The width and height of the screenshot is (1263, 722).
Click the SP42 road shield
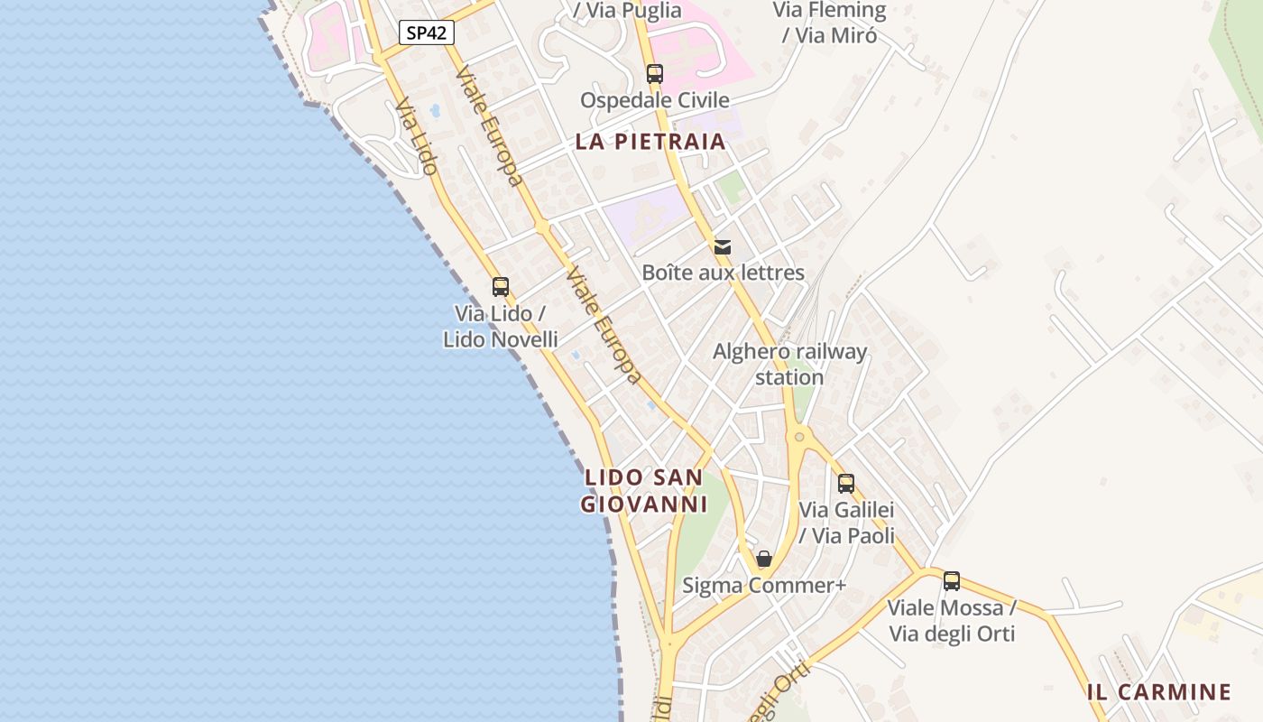[426, 33]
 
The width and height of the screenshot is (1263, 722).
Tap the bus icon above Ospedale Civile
[654, 74]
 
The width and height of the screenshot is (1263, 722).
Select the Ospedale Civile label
[654, 99]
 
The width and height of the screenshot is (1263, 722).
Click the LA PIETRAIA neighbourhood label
[650, 141]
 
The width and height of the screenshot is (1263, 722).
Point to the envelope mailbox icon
[723, 246]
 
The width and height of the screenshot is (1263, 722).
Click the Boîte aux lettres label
[723, 272]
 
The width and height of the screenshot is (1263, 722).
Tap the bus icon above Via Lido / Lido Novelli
[501, 287]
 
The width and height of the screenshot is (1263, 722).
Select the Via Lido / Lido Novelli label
[501, 327]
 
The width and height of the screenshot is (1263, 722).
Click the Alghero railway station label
[789, 364]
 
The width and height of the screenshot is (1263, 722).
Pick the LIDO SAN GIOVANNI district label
[643, 490]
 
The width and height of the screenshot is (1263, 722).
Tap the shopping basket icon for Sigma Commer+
[764, 559]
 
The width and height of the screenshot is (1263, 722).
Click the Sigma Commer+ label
[764, 585]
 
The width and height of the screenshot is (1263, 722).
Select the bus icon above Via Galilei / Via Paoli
[845, 483]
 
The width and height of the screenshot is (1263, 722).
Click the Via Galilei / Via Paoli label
[846, 523]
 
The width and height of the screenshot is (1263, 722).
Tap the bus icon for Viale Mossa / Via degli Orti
[952, 581]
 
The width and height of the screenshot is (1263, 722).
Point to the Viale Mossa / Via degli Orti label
[952, 621]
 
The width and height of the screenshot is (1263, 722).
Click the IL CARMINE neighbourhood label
[1159, 692]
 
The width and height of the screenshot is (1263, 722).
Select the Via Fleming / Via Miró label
[829, 23]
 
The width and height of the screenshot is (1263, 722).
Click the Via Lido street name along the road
[417, 136]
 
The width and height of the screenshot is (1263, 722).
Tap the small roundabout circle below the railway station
[798, 438]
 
